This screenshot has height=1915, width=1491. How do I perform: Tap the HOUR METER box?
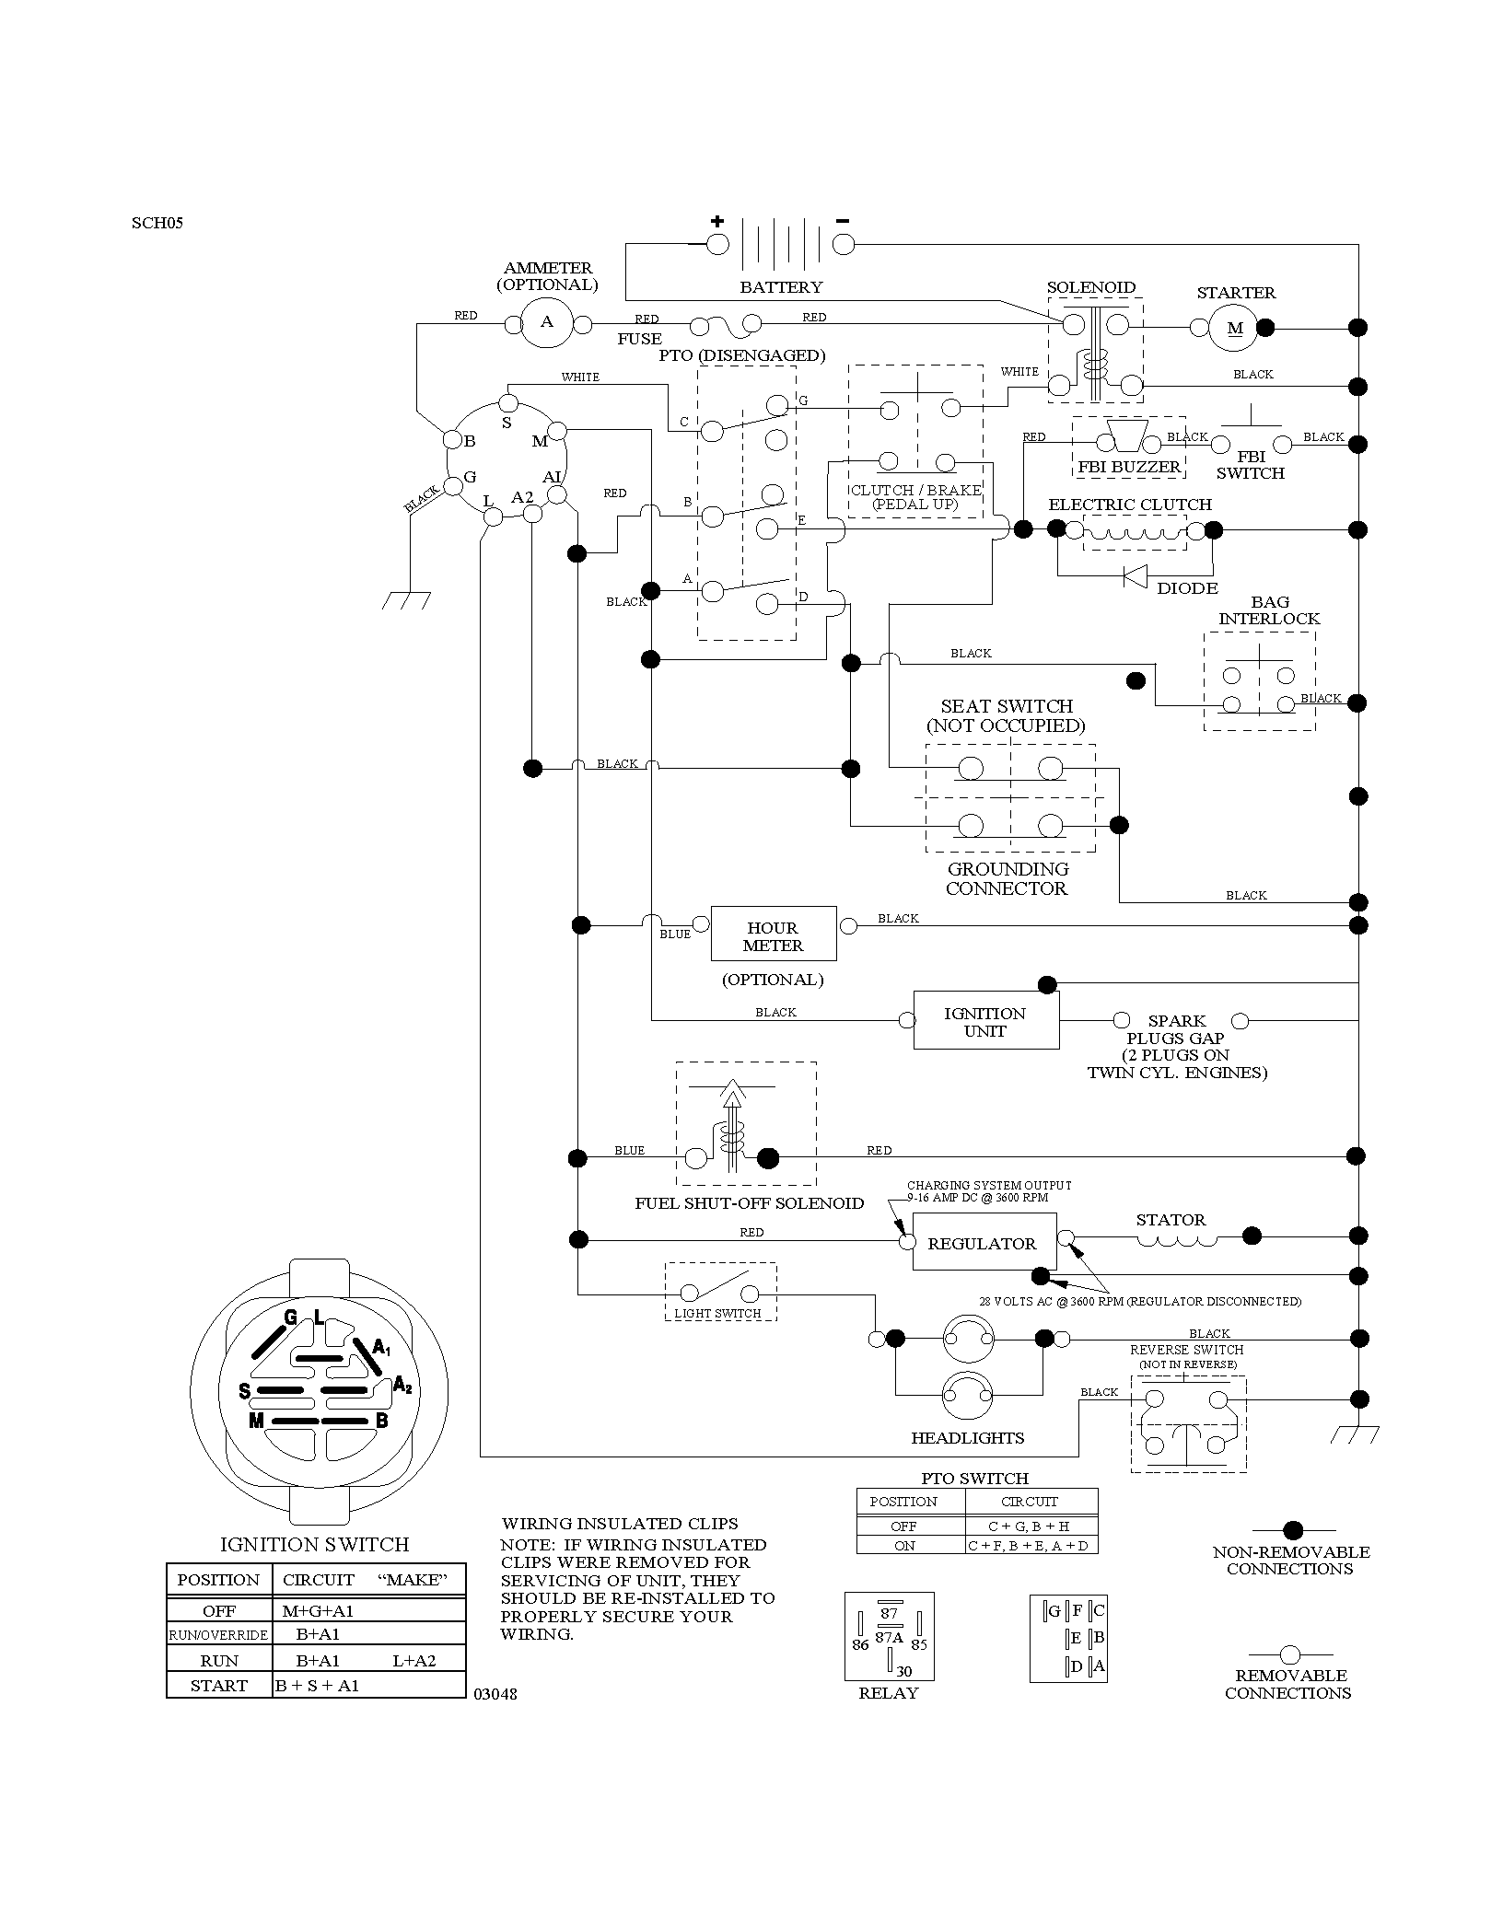click(774, 934)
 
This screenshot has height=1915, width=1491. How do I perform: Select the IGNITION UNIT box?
click(986, 1020)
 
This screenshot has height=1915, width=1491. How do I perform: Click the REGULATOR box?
click(983, 1242)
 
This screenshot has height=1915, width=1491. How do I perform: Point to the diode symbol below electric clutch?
click(1135, 575)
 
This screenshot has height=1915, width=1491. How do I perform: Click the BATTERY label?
click(781, 287)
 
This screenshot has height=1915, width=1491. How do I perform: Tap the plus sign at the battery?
click(717, 221)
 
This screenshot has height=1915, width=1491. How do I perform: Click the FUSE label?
click(640, 339)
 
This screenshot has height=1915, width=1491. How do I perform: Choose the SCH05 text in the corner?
click(157, 223)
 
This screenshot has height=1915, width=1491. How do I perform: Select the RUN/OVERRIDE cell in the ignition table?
click(218, 1635)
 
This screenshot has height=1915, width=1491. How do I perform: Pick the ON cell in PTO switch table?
click(905, 1546)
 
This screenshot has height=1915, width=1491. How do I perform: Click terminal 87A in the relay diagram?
click(889, 1637)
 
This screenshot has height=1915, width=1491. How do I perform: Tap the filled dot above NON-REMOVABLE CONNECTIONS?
click(1293, 1531)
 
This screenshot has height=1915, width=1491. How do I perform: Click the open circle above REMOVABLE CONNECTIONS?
click(1290, 1654)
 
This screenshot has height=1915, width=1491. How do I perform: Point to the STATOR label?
click(1171, 1220)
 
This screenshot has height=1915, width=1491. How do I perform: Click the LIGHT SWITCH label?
click(718, 1314)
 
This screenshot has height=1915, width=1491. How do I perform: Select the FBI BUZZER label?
click(1129, 467)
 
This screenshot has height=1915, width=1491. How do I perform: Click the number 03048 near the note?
click(495, 1694)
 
